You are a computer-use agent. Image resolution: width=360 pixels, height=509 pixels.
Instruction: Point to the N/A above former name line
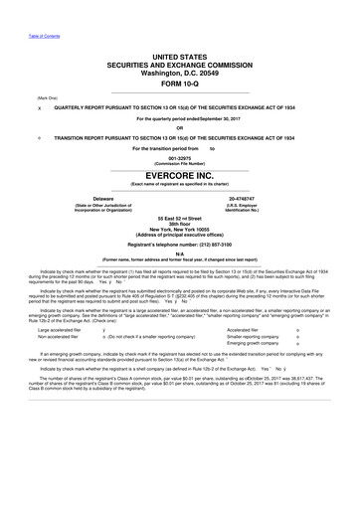tap(180, 254)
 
